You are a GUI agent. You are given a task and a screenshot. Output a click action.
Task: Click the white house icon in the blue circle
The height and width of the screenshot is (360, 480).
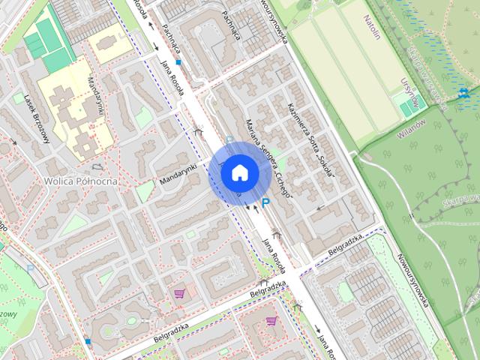pos(239,172)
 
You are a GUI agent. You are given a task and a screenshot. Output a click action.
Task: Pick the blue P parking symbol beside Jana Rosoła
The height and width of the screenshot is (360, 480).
pos(265,202)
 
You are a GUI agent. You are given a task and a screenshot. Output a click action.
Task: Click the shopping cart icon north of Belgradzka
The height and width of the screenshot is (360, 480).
pos(179,293)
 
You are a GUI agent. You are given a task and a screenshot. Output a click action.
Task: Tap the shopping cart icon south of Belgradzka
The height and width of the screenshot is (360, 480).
pos(271,321)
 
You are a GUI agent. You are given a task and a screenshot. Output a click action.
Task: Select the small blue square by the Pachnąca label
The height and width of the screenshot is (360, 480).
pos(178,62)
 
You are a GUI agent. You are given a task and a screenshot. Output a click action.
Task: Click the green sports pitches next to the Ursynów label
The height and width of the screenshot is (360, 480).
pos(406,109)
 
